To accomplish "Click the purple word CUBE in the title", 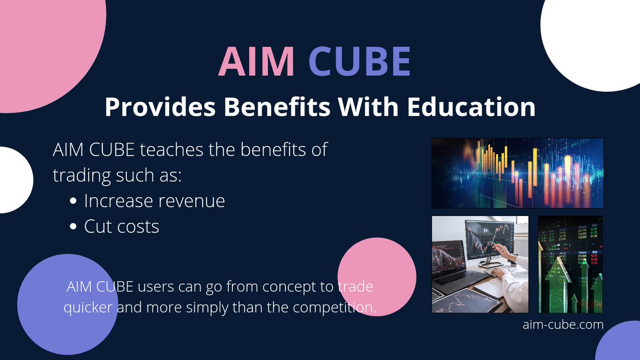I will tap(360, 62).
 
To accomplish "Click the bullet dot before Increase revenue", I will tap(73, 202).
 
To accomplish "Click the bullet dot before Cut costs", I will tap(73, 227).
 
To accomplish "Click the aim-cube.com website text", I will tap(563, 324).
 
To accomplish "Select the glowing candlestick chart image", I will tap(517, 173).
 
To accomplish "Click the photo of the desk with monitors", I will tap(479, 264).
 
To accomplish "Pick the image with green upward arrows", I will tap(570, 264).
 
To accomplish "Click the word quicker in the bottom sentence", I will tap(89, 308).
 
